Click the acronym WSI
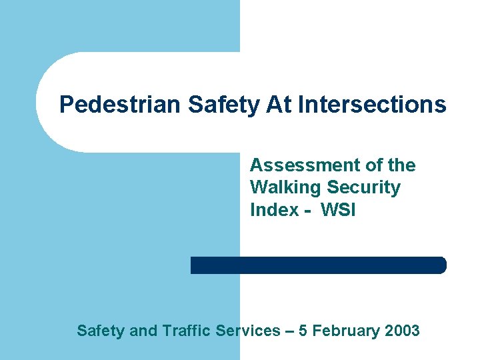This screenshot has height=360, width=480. coord(338,209)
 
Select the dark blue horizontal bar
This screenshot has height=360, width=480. coord(318,265)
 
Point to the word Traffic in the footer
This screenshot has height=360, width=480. coord(185,330)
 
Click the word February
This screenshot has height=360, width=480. coord(347,330)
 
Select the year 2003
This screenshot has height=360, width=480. coord(402,330)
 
